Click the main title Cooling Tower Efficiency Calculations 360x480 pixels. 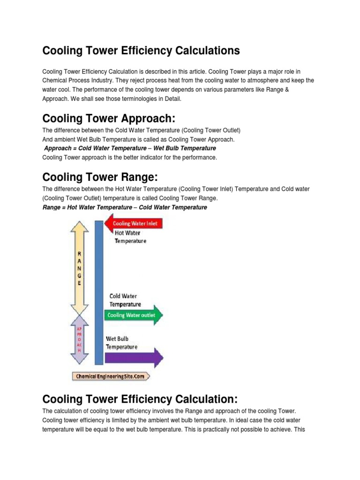(x=141, y=51)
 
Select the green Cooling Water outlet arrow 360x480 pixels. (x=134, y=315)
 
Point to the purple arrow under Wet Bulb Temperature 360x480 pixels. (x=134, y=358)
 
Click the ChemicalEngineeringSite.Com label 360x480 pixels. (x=111, y=376)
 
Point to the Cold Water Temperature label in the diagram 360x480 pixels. (x=125, y=300)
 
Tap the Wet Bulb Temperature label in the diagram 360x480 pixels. (x=121, y=343)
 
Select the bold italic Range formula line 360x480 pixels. (x=125, y=207)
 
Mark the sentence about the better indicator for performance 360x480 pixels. (x=130, y=157)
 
